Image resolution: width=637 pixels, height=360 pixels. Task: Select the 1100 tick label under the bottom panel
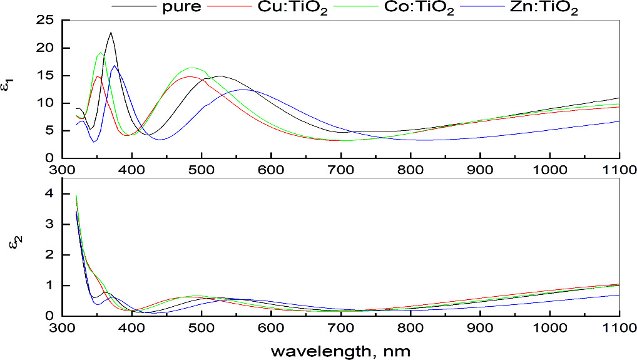[619, 328]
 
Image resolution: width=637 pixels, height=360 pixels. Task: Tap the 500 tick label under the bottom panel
[201, 328]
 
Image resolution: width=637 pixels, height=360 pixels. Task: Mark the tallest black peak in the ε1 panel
[111, 33]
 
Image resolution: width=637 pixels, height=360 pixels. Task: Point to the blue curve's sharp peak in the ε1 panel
[114, 66]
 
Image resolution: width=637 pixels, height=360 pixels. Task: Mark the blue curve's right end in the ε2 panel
[619, 295]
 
